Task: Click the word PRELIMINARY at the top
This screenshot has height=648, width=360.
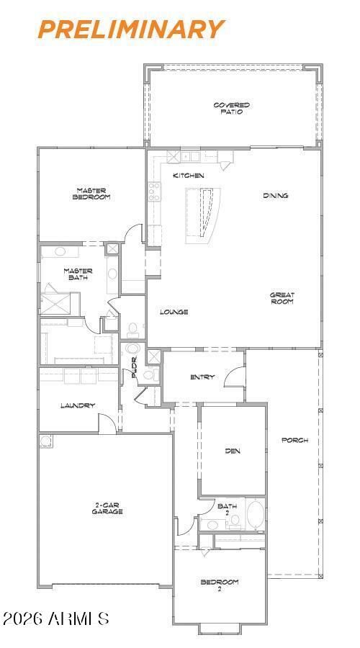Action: pyautogui.click(x=131, y=30)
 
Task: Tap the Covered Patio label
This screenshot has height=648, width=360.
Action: pyautogui.click(x=231, y=108)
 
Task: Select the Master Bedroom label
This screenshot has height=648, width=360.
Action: pyautogui.click(x=91, y=194)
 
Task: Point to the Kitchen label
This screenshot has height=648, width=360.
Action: pyautogui.click(x=188, y=176)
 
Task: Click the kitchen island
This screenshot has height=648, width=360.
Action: pyautogui.click(x=202, y=215)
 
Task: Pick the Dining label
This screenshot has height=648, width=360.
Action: pyautogui.click(x=275, y=195)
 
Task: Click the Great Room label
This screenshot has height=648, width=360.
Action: pyautogui.click(x=282, y=298)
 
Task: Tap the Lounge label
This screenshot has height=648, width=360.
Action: pyautogui.click(x=174, y=312)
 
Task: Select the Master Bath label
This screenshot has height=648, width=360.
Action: pyautogui.click(x=78, y=274)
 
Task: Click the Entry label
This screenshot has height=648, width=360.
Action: pyautogui.click(x=202, y=377)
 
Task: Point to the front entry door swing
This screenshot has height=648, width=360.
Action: pyautogui.click(x=235, y=377)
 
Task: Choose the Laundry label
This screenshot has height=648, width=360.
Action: pyautogui.click(x=78, y=405)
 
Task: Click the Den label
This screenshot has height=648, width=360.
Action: pyautogui.click(x=233, y=451)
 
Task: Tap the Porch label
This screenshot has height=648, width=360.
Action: pyautogui.click(x=294, y=440)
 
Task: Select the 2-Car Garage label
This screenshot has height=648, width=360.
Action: pyautogui.click(x=107, y=508)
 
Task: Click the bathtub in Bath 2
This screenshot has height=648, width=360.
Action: pyautogui.click(x=256, y=513)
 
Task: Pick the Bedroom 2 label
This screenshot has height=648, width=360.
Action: pyautogui.click(x=220, y=585)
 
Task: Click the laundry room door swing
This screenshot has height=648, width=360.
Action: pyautogui.click(x=107, y=423)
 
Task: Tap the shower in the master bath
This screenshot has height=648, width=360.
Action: pyautogui.click(x=60, y=304)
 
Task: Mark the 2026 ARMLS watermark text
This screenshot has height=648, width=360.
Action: pyautogui.click(x=55, y=618)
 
